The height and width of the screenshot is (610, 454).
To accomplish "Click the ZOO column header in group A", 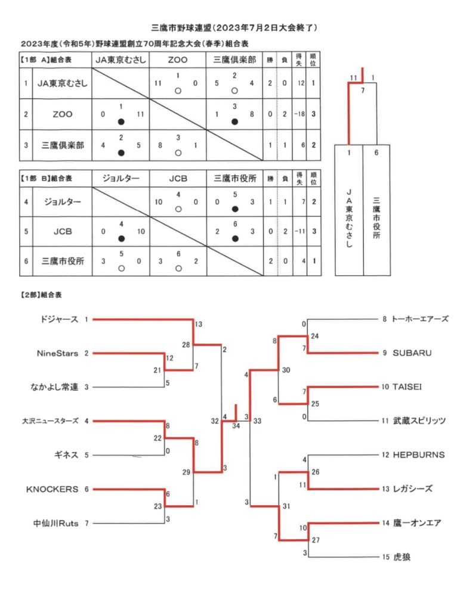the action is tap(177, 60).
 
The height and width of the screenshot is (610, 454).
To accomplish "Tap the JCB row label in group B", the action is tap(63, 231).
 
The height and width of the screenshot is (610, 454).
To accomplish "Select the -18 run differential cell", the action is tap(299, 114).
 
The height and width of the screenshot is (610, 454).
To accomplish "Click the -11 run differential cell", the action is tap(299, 231).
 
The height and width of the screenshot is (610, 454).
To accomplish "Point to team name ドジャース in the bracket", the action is tap(59, 319).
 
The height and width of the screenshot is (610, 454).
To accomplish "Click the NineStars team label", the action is tap(57, 353).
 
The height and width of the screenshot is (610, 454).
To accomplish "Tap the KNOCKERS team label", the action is tap(52, 489).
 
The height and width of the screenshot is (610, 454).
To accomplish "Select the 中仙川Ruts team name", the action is tap(55, 523).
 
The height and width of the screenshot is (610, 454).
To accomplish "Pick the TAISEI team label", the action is tap(407, 387).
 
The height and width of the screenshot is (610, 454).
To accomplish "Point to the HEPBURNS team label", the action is tap(419, 455).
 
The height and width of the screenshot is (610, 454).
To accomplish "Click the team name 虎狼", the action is tap(402, 557).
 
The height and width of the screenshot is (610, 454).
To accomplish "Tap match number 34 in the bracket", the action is tap(236, 425).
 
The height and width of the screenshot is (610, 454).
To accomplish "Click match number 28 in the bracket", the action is tap(186, 345).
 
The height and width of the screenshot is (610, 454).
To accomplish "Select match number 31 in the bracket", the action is tap(286, 506).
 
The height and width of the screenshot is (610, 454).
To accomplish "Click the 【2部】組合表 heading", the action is tap(41, 295).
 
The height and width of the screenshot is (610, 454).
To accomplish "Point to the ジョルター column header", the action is tap(121, 178).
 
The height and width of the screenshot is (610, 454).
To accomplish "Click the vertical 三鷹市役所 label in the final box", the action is tap(376, 217).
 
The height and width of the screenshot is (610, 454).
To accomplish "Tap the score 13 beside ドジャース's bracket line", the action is tap(198, 324).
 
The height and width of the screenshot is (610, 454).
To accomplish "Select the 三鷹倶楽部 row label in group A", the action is tap(63, 145).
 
